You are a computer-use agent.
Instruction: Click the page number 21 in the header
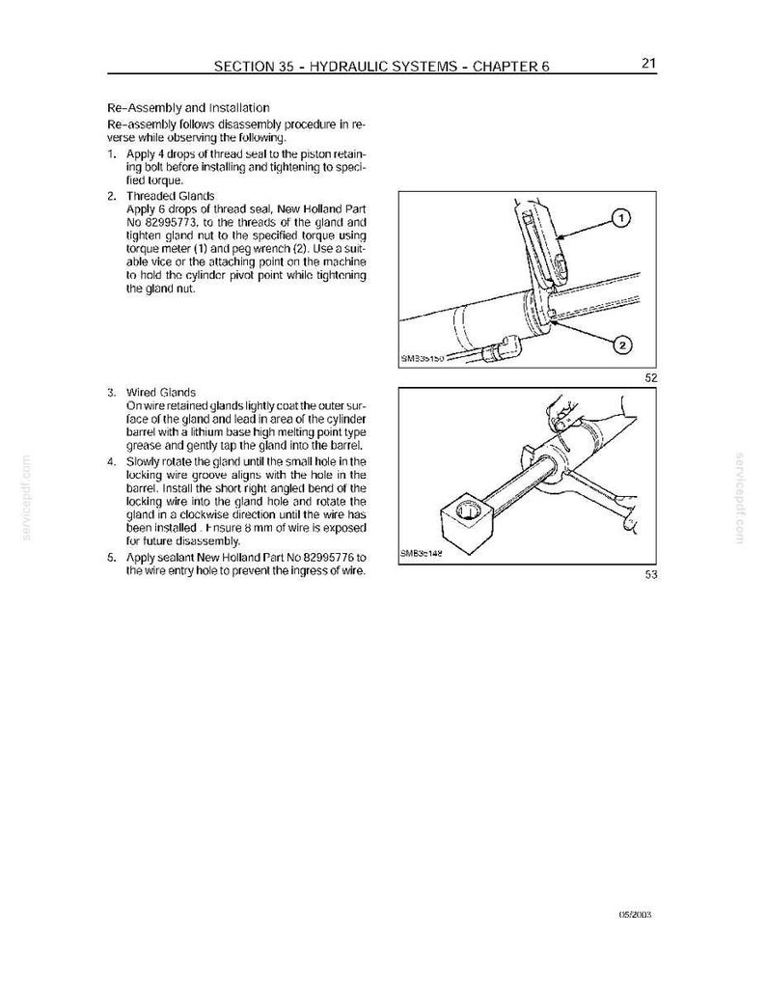[x=649, y=63]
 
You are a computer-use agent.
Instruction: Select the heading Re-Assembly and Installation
[x=188, y=107]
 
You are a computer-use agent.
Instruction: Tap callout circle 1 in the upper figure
[x=620, y=218]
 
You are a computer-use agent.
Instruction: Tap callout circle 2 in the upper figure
[x=622, y=344]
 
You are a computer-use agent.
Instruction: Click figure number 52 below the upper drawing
[x=651, y=378]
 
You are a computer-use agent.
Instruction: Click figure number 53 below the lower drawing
[x=651, y=574]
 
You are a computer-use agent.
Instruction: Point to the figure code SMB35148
[x=420, y=552]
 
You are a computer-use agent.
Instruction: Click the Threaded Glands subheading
[x=170, y=196]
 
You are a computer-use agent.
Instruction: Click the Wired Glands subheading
[x=161, y=392]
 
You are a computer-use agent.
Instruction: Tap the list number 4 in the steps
[x=111, y=461]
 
